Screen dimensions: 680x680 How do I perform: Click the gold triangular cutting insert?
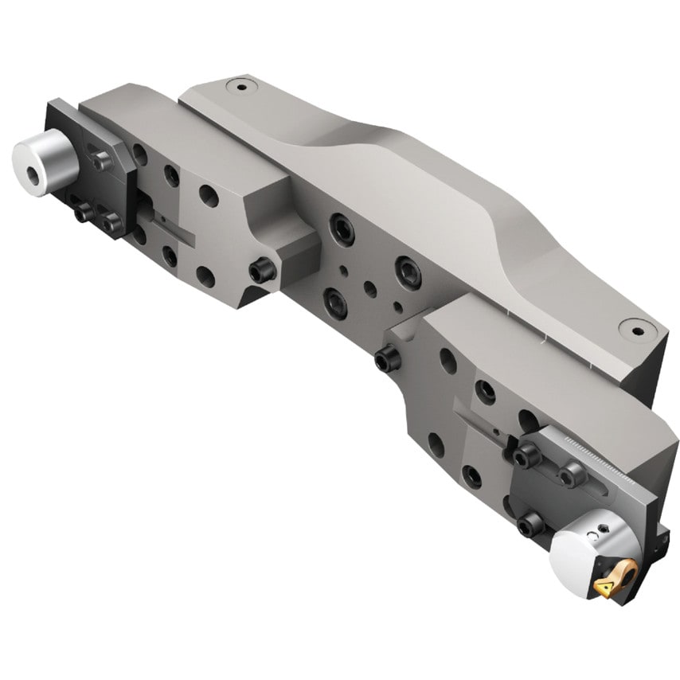click(603, 588)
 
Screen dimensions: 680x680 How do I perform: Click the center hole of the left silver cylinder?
click(33, 154)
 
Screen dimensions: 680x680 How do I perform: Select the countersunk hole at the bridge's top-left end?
click(236, 84)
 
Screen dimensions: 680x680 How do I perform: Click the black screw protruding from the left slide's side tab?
click(262, 272)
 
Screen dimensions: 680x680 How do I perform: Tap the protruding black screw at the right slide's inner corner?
click(388, 361)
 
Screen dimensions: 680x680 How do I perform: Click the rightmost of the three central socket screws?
click(407, 272)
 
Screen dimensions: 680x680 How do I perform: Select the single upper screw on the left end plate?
click(102, 161)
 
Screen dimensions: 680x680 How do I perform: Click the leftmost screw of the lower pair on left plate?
click(84, 213)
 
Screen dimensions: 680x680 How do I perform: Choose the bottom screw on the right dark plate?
click(530, 523)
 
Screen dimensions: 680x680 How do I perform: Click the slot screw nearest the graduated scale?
click(572, 475)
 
